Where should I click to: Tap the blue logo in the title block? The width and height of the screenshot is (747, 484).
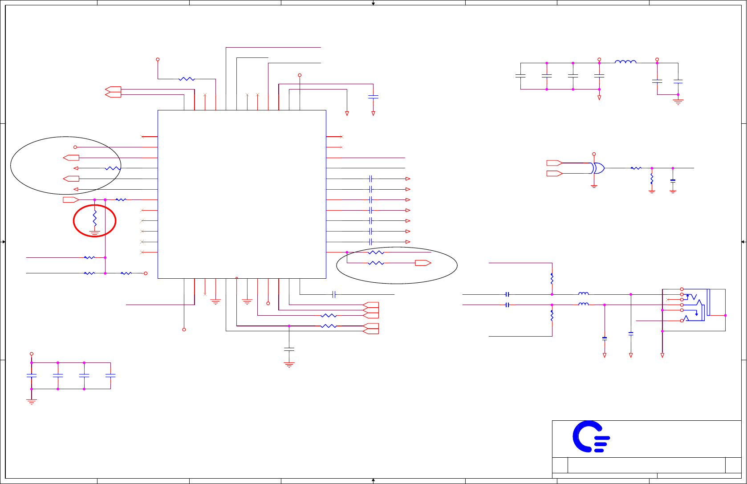coord(590,436)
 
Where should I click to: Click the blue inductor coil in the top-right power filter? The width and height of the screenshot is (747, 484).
coord(625,62)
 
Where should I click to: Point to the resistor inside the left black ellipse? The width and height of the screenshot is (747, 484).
coord(113,168)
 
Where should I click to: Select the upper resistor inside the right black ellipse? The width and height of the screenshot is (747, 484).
coord(376,252)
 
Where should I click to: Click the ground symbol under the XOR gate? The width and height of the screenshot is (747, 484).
coord(594,186)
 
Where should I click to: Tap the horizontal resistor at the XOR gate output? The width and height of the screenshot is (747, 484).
coord(636,168)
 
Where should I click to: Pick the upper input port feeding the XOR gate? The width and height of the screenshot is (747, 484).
coord(554,163)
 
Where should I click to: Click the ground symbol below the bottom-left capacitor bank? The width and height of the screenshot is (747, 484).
coord(32,402)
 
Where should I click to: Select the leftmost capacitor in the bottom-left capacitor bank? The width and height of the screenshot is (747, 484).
coord(32,375)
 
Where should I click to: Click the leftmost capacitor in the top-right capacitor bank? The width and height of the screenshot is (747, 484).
coord(520,76)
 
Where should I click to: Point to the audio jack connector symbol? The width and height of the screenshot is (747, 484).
coord(694,305)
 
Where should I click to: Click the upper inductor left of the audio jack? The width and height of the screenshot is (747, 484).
coord(583,293)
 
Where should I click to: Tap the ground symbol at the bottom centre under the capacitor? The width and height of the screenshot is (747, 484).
coord(289,365)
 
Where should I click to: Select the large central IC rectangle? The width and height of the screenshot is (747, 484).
coord(242,194)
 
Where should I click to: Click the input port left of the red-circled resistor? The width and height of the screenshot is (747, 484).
coord(71,199)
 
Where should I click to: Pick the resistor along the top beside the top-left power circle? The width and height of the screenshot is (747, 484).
coord(187,79)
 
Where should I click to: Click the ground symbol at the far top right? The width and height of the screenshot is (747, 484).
coord(678,102)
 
